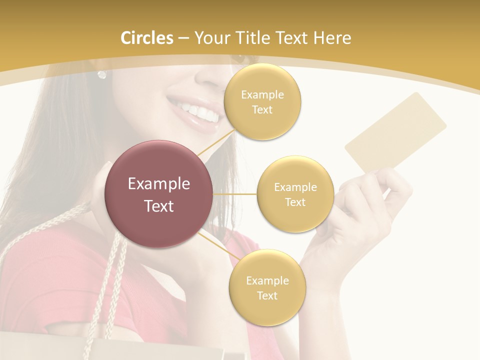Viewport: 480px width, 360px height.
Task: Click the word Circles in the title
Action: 146,38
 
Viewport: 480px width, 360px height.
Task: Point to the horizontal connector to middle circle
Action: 235,194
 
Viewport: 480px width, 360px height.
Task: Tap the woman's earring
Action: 102,74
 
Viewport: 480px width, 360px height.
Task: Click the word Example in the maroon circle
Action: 159,184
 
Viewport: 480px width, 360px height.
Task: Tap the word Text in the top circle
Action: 262,110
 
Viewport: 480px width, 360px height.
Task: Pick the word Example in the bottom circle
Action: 267,280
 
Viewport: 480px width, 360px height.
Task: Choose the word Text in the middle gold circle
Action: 295,202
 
